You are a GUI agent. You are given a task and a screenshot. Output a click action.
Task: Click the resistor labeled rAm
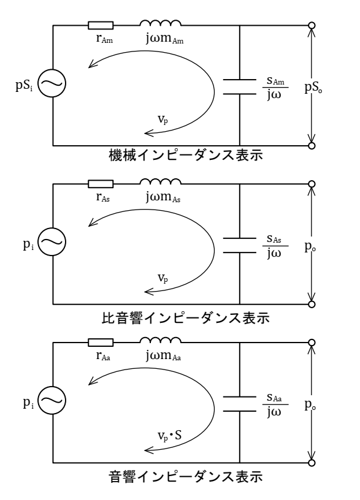tap(101, 26)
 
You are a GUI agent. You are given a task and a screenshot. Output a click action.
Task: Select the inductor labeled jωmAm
tap(161, 23)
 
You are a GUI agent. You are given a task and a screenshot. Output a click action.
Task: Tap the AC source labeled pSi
tap(52, 83)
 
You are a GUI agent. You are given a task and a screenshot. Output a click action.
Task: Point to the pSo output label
tap(313, 88)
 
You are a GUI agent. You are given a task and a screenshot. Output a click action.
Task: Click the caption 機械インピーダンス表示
tap(186, 155)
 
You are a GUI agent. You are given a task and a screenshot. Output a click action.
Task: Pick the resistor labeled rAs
tap(101, 184)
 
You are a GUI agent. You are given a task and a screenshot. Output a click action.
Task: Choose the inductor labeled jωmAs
tap(161, 181)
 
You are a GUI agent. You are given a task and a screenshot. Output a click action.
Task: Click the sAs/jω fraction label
tap(275, 246)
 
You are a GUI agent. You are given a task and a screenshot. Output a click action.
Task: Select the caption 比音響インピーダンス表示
tap(186, 318)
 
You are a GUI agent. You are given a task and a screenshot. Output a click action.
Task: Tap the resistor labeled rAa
tap(101, 343)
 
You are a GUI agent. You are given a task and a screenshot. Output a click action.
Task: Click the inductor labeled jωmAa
tap(161, 340)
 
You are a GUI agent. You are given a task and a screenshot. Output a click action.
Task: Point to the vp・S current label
tap(170, 435)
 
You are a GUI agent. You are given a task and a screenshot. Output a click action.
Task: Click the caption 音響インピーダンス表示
tap(186, 476)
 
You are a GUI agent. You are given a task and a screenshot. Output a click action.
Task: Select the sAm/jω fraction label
tap(275, 88)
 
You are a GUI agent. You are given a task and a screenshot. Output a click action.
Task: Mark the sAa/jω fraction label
tap(275, 404)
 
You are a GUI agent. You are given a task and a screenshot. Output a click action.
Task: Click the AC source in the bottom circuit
tap(52, 400)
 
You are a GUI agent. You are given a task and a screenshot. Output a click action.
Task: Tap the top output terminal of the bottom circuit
tap(312, 343)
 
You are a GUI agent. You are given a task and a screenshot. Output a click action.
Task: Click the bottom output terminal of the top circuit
tap(312, 146)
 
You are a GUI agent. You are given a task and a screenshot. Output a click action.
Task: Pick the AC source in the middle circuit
tap(52, 241)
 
